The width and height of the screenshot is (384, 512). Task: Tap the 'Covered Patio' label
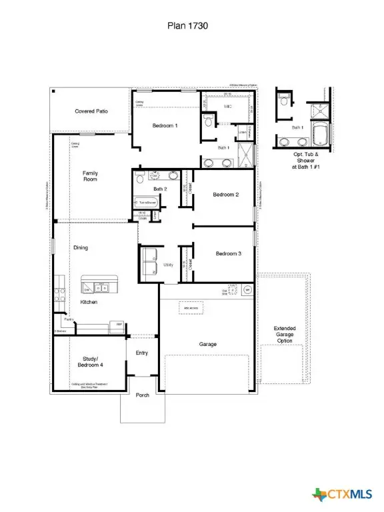click(91, 111)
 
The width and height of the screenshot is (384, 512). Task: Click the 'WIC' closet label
click(227, 107)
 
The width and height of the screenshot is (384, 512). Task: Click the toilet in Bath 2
click(139, 177)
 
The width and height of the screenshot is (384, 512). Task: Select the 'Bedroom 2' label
click(225, 195)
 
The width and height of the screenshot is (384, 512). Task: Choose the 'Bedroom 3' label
click(228, 253)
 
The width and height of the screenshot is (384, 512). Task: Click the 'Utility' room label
click(169, 265)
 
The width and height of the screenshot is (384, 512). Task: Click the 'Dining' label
click(81, 247)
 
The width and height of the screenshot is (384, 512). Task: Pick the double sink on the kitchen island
click(100, 287)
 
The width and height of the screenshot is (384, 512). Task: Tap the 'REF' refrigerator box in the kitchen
click(119, 325)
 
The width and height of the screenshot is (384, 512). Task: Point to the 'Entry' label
click(142, 353)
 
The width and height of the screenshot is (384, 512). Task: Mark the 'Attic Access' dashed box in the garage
click(191, 308)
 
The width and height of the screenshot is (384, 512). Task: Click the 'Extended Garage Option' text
click(285, 335)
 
